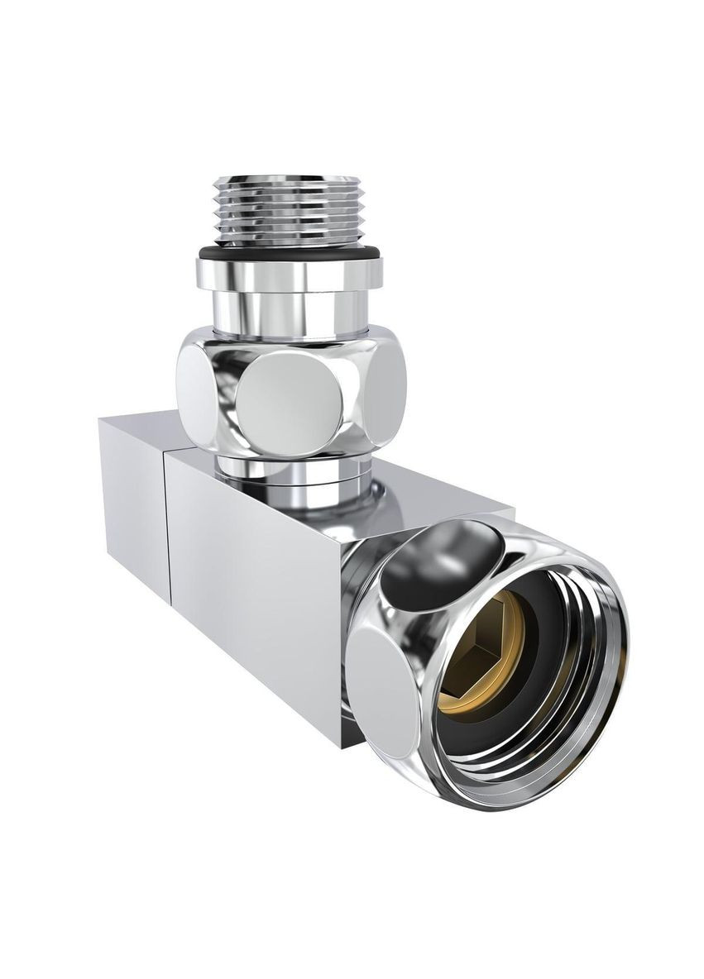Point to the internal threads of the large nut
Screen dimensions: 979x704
571,703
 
